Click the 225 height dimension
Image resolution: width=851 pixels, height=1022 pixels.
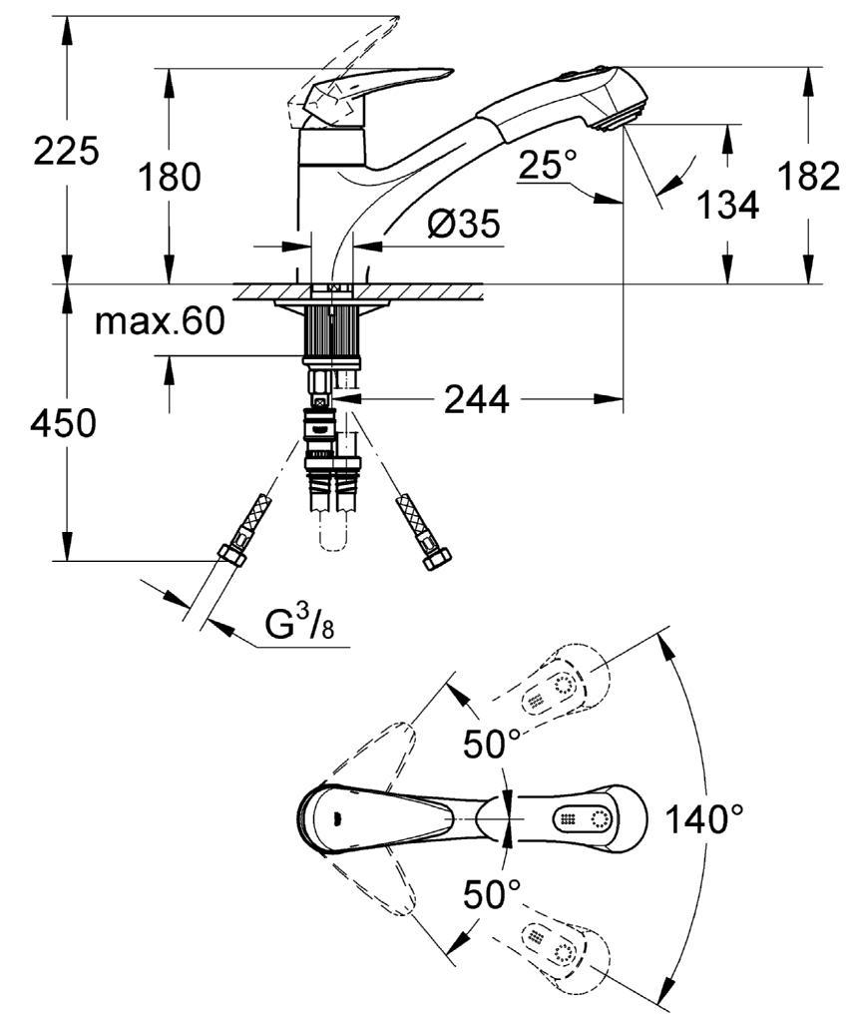click(67, 152)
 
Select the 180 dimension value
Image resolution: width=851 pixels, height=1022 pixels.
click(170, 178)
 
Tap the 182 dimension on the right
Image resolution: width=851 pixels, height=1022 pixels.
click(810, 176)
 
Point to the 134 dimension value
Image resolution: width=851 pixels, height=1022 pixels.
click(728, 205)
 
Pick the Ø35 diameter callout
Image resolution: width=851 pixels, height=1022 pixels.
click(464, 224)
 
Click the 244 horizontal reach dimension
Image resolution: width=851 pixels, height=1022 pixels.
click(476, 399)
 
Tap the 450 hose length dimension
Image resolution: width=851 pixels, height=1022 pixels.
click(63, 423)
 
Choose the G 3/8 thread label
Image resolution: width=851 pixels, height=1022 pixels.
click(300, 624)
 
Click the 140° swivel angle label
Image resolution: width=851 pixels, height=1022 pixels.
click(703, 819)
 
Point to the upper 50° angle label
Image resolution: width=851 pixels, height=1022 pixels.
click(492, 744)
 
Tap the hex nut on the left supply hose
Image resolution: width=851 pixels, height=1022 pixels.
click(231, 556)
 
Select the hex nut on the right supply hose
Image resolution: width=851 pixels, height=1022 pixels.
click(437, 559)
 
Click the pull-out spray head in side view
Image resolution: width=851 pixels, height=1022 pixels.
click(561, 101)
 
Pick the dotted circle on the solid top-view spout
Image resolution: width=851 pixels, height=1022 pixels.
click(600, 818)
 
